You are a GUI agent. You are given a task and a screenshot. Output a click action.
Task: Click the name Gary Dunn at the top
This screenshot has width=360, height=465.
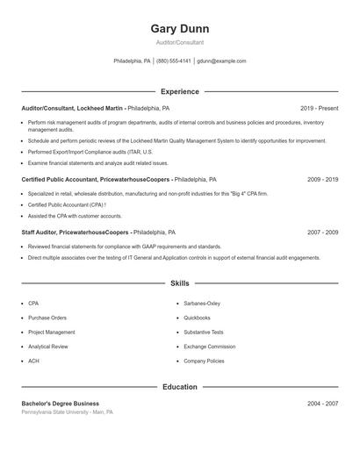[x=179, y=29]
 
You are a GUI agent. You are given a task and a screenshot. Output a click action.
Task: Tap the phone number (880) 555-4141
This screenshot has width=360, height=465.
[x=173, y=61]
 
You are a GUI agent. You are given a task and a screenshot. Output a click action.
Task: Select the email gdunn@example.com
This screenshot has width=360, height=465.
[x=221, y=61]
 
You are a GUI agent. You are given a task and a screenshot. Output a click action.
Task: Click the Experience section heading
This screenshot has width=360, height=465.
[x=179, y=91]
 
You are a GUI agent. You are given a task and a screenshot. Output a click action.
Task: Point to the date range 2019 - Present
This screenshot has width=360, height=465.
[x=319, y=108]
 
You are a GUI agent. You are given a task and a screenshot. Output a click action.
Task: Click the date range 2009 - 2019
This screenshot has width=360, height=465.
[x=322, y=179]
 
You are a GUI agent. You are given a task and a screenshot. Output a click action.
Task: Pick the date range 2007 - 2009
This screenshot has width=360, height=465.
[x=322, y=232]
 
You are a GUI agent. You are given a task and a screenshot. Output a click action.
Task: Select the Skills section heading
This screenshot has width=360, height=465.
[x=179, y=283]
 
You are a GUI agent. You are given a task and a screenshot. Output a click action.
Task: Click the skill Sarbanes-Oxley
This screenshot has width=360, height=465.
[x=203, y=303]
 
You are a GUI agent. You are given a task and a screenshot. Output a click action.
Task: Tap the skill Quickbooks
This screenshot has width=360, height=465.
[x=197, y=318]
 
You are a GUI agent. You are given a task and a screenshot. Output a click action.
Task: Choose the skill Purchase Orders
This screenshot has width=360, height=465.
[x=47, y=318]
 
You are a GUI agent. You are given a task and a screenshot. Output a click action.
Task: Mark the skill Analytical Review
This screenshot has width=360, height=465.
[x=48, y=347]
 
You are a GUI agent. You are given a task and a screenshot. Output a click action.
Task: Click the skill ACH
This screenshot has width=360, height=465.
[x=33, y=361]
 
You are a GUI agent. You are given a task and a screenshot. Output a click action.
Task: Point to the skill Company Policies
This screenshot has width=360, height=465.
[x=204, y=361]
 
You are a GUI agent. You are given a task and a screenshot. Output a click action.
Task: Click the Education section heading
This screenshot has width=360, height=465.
[x=179, y=386]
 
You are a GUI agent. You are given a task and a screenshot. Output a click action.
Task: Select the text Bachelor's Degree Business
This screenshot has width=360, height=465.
[x=61, y=403]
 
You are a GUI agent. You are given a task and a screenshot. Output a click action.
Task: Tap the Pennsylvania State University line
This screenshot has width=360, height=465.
[x=67, y=411]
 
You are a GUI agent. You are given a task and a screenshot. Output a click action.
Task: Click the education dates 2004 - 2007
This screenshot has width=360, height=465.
[x=322, y=403]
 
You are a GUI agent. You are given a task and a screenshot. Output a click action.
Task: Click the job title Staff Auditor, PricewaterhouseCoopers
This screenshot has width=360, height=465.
[x=76, y=232]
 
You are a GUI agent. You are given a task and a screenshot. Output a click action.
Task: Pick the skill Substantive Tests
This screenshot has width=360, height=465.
[x=204, y=333]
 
